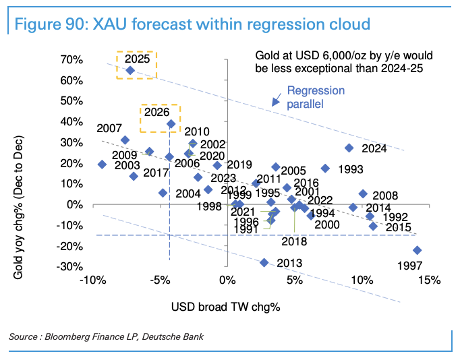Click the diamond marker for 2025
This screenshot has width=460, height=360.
click(x=130, y=70)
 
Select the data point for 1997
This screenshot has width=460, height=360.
click(x=418, y=250)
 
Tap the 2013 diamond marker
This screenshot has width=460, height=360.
click(x=264, y=262)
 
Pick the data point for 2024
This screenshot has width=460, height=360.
click(x=349, y=148)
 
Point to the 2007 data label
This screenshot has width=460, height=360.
click(x=109, y=128)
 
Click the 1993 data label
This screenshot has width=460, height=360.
click(x=351, y=169)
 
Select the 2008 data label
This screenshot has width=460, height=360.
click(x=385, y=196)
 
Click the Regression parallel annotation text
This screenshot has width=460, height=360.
click(x=316, y=98)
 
